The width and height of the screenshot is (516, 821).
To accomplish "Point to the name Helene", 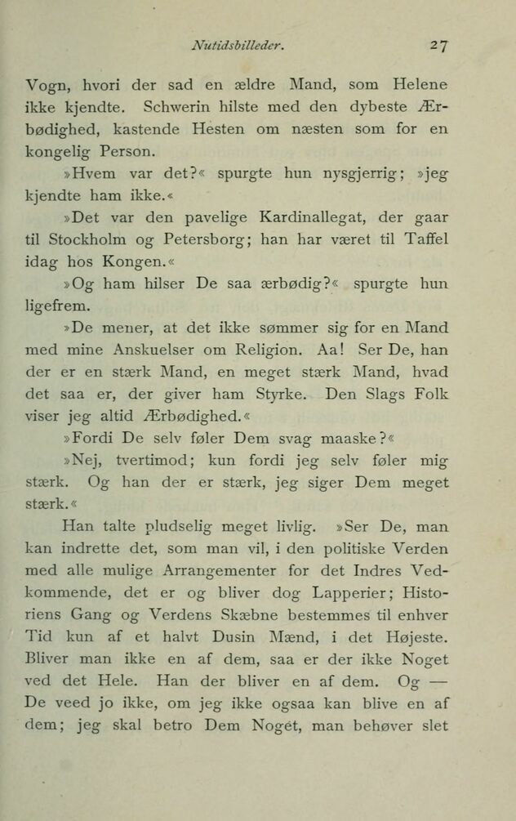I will click(x=419, y=85).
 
